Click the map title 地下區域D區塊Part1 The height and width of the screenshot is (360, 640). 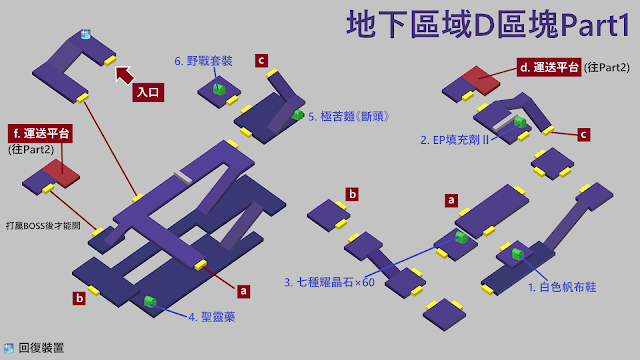[488, 24]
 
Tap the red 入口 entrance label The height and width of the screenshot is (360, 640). [148, 92]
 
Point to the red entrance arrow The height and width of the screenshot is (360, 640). [124, 75]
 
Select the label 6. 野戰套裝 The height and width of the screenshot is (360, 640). [203, 61]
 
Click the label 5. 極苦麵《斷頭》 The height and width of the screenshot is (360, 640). [349, 117]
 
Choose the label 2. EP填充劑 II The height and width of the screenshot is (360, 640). [454, 140]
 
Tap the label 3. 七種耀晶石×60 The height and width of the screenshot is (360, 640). [329, 282]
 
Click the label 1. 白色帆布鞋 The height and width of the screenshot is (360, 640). [562, 287]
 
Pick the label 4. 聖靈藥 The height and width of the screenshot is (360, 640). [212, 317]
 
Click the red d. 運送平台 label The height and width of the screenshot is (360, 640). [549, 67]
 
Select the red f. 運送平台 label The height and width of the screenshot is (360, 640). [40, 133]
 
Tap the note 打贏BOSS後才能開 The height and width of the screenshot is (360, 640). [43, 226]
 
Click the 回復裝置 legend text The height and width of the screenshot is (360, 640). [41, 348]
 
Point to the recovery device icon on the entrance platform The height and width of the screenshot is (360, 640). [85, 34]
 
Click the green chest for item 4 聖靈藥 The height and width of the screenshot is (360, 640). [150, 302]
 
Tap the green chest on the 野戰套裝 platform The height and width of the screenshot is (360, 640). [219, 89]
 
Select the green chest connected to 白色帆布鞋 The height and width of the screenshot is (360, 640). [518, 254]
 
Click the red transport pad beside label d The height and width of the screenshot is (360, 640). [481, 80]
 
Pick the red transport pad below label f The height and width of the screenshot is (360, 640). [61, 173]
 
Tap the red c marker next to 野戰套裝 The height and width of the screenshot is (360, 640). [261, 61]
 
